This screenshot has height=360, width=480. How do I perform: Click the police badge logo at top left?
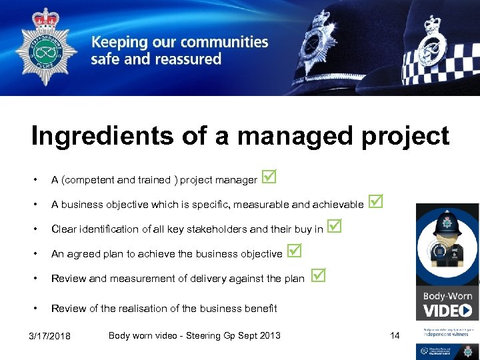tap(46, 49)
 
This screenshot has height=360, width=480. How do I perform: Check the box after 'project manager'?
tap(269, 177)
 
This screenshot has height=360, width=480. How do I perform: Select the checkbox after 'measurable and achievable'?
tap(376, 201)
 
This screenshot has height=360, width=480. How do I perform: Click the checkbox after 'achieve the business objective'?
tap(294, 251)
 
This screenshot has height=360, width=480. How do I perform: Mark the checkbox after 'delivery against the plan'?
tap(319, 275)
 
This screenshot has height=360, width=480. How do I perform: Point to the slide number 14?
tap(395, 335)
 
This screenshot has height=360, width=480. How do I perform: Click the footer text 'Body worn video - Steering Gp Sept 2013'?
tap(194, 335)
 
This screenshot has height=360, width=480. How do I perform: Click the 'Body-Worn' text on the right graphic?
tap(447, 296)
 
